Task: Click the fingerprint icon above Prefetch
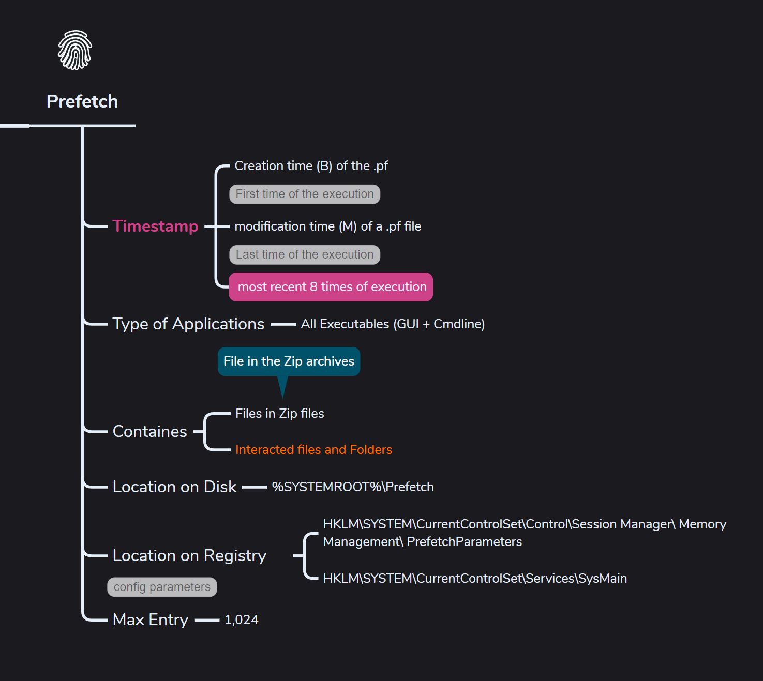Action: tap(75, 50)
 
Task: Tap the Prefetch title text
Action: tap(82, 101)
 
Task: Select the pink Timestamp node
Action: tap(155, 226)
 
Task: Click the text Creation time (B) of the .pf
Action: tap(311, 165)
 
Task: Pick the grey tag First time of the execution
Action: tap(305, 194)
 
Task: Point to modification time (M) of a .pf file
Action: tap(327, 226)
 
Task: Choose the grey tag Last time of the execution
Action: tap(305, 254)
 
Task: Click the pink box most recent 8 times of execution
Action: tap(331, 287)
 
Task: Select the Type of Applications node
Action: tap(188, 324)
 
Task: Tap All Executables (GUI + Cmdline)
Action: tap(393, 324)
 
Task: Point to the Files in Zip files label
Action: tap(279, 413)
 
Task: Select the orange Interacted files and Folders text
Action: tap(313, 449)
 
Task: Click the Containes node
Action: tap(149, 431)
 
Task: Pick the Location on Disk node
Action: tap(174, 487)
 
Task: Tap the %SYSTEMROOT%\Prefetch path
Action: tap(353, 487)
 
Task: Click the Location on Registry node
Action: tap(189, 556)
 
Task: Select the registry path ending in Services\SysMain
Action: tap(475, 578)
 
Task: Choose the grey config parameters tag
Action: tap(162, 587)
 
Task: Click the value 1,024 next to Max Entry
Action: tap(242, 619)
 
